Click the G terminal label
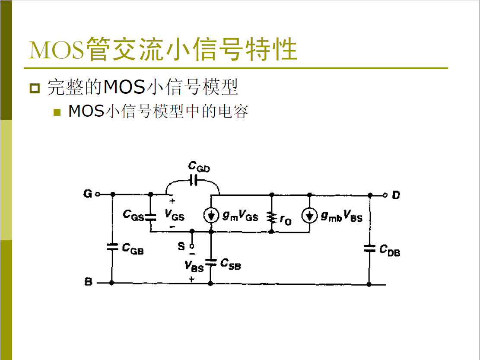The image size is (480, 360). tap(87, 194)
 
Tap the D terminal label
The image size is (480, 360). tap(396, 195)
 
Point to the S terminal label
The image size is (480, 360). tap(181, 246)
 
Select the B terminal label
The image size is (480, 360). tap(88, 283)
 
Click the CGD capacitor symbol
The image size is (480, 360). tap(194, 181)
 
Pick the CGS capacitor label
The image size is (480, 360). tap(133, 215)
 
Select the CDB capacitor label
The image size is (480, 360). tap(390, 250)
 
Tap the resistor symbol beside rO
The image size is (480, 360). tap(272, 217)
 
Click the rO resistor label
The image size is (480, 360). tap(285, 220)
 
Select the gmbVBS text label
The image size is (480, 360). tap(341, 217)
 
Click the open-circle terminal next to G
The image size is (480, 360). tap(98, 194)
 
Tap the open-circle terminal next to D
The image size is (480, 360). tap(385, 195)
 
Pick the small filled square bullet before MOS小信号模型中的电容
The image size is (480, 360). tap(57, 112)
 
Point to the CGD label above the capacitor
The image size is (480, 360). tap(199, 167)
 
